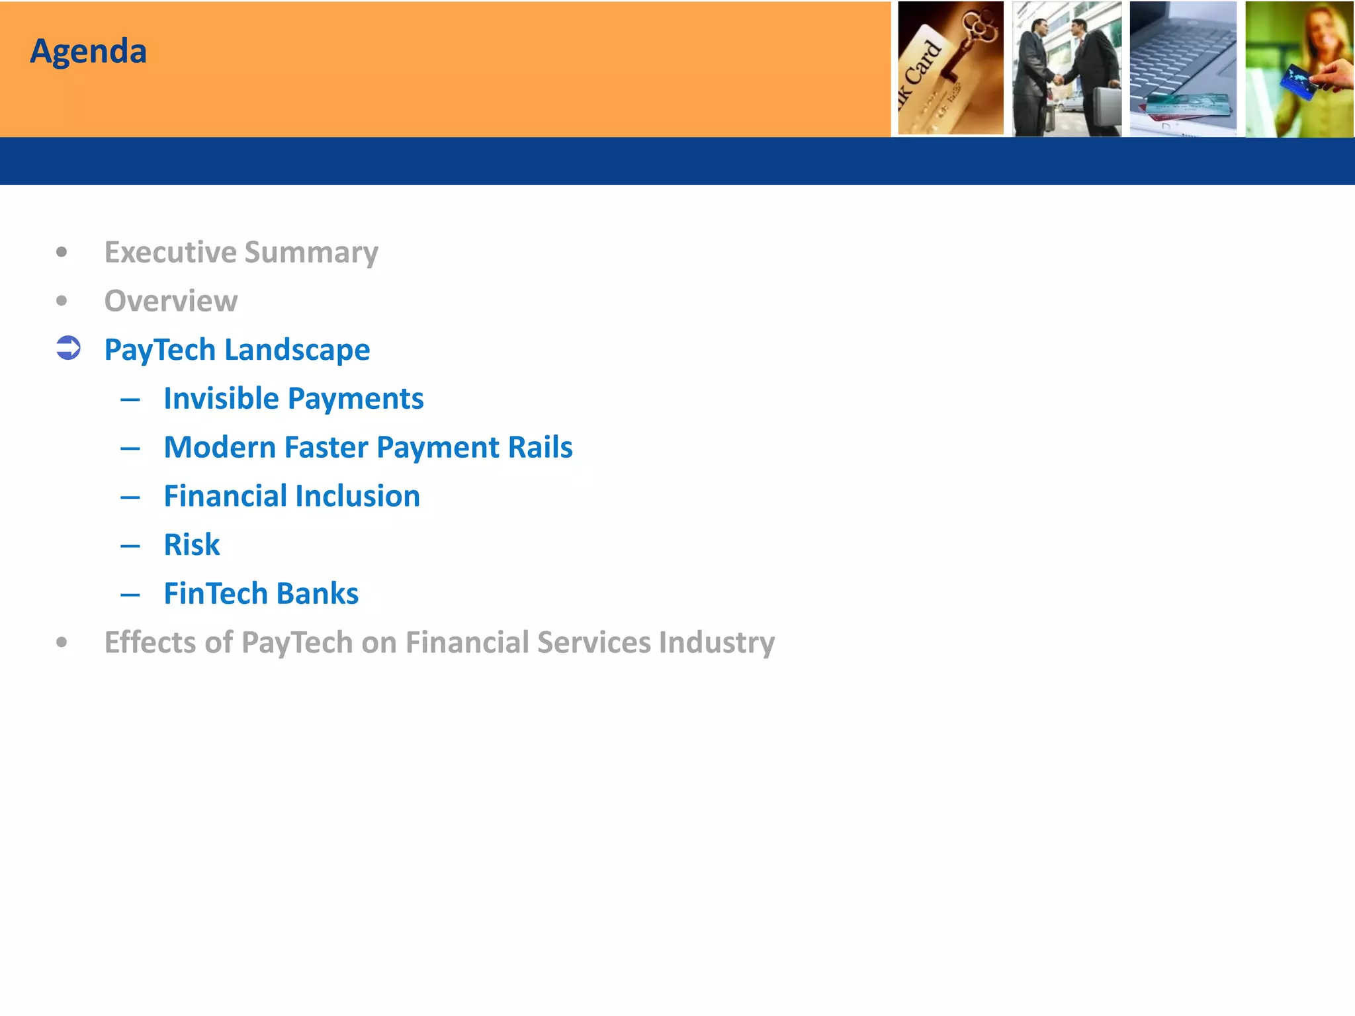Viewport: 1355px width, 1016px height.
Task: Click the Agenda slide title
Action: [x=88, y=52]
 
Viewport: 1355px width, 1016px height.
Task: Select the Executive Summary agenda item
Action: [x=241, y=253]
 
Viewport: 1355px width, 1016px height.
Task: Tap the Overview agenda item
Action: [x=171, y=301]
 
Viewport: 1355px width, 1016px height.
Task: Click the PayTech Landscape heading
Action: [x=237, y=350]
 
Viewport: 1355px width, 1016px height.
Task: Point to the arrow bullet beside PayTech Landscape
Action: [x=68, y=348]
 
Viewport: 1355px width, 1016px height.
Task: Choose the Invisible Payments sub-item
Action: [x=293, y=399]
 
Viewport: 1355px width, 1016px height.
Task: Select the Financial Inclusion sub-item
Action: [x=292, y=496]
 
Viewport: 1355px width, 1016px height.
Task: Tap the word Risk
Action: [x=192, y=545]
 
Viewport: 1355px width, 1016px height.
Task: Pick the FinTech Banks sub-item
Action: [x=261, y=593]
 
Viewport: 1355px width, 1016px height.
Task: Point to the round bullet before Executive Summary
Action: [x=62, y=252]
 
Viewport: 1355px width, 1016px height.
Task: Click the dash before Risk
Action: [x=130, y=546]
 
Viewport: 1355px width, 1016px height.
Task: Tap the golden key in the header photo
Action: [x=973, y=40]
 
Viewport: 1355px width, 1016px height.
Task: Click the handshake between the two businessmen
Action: [x=1058, y=80]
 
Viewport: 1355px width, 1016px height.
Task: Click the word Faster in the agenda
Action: [x=326, y=447]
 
